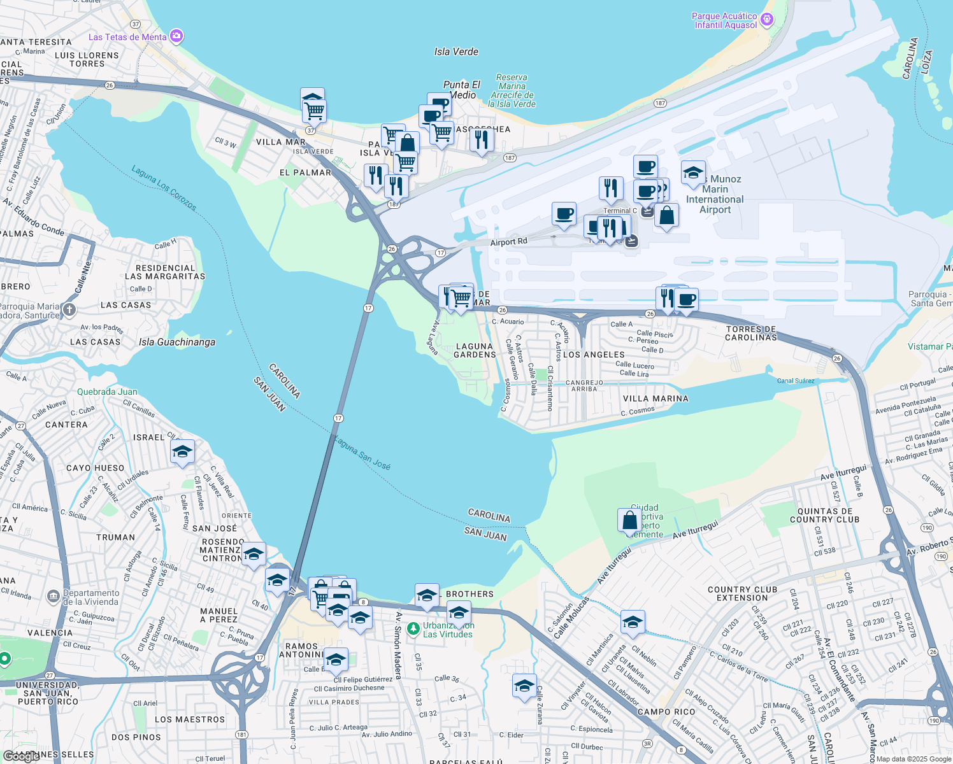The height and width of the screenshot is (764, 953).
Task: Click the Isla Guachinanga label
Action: click(177, 342)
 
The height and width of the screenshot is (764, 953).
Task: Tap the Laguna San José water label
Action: click(362, 453)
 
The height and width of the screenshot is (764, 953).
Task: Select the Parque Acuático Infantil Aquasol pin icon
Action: click(767, 20)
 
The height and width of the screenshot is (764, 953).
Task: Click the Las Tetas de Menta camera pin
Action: click(176, 36)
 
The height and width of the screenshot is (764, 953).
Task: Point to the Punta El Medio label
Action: click(462, 90)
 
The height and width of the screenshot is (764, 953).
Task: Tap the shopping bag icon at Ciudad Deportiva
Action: click(629, 520)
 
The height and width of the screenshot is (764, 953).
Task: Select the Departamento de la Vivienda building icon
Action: click(54, 597)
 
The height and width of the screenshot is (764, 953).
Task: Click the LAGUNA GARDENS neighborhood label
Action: click(475, 351)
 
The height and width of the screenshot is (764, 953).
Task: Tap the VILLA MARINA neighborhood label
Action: click(656, 399)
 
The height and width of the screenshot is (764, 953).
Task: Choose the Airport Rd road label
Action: click(509, 242)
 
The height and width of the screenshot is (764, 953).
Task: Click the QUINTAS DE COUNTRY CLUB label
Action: click(825, 515)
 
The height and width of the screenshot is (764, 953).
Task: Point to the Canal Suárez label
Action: click(796, 381)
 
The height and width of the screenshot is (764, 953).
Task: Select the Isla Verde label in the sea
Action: click(456, 52)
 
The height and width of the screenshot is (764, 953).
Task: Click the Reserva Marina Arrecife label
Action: click(512, 90)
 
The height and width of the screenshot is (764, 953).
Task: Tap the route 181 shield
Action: click(241, 734)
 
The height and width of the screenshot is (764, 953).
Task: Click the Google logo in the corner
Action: click(21, 756)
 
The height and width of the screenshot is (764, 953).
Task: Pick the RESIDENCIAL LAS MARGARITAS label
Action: click(165, 272)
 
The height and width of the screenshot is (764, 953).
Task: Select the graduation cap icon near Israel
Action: click(182, 452)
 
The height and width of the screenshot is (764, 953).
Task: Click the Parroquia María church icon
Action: click(69, 310)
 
